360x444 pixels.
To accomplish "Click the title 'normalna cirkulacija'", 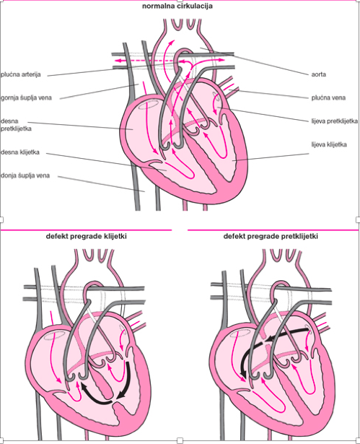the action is click(177, 6).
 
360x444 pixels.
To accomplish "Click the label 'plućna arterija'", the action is click(21, 74).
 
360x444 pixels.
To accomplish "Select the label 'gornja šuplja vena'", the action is click(26, 98).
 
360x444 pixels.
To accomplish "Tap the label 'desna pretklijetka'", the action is click(16, 125).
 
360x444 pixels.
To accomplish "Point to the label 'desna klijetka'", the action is click(20, 152).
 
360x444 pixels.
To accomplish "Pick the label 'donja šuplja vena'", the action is click(25, 175).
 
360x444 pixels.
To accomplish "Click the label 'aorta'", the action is click(319, 74).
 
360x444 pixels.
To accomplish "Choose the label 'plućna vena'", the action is click(328, 97).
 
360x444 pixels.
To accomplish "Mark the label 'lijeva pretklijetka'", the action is click(335, 121).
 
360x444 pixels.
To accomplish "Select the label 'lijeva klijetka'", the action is click(329, 144).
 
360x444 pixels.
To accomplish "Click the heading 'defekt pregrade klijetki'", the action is click(86, 237).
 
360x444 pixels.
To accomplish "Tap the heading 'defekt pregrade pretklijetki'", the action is click(271, 237).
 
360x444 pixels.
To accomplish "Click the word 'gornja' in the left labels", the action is click(10, 98).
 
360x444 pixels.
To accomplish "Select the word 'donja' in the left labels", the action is click(9, 175).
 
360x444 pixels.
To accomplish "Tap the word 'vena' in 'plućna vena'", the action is click(338, 97).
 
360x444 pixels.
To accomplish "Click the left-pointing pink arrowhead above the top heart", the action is click(117, 61).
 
